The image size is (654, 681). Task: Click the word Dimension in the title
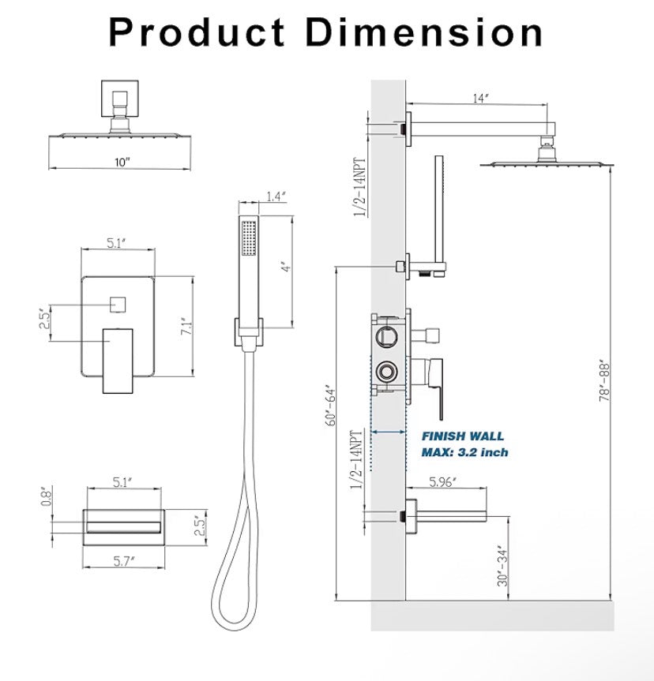click(x=425, y=32)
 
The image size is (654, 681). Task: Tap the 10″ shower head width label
click(x=121, y=162)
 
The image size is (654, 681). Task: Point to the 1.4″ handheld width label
click(x=275, y=196)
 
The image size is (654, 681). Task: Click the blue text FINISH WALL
click(x=462, y=436)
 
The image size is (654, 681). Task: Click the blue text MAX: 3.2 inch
click(x=464, y=452)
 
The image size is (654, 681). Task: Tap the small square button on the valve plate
click(x=118, y=302)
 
